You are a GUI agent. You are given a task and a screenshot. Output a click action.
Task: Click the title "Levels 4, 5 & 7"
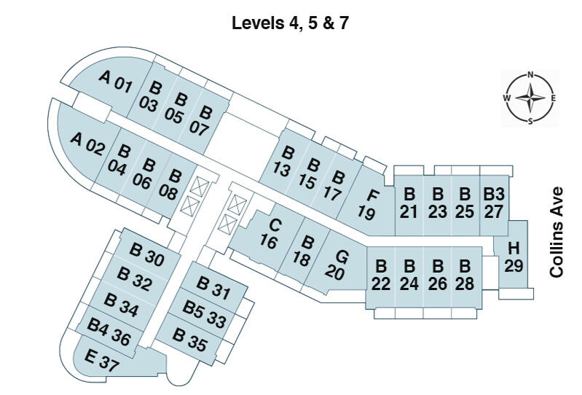click(x=291, y=23)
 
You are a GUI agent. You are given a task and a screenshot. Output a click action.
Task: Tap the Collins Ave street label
click(x=557, y=231)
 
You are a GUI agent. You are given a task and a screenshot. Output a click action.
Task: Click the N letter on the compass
click(x=531, y=74)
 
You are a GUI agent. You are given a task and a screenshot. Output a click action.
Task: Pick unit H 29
click(x=514, y=257)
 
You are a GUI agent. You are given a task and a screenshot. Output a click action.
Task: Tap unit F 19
click(x=370, y=203)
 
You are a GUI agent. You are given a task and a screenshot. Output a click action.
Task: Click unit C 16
click(x=271, y=234)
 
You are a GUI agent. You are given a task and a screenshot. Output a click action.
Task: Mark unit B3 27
click(x=493, y=203)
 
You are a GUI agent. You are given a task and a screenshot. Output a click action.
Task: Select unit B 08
click(x=171, y=184)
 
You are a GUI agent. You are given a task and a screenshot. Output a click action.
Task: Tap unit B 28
click(x=465, y=275)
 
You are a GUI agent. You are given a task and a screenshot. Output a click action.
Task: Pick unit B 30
click(x=146, y=254)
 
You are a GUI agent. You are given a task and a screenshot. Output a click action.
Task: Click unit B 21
click(x=409, y=203)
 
